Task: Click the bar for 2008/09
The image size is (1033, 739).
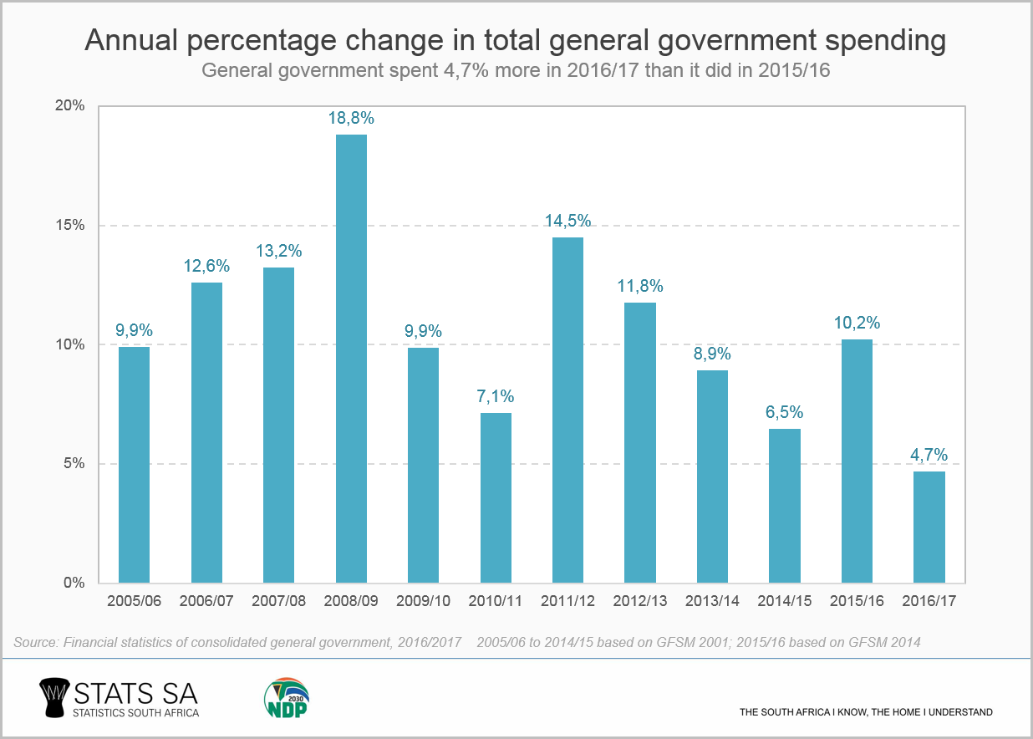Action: tap(351, 359)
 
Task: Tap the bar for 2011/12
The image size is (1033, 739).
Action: tap(567, 410)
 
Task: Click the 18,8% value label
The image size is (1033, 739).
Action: tap(351, 119)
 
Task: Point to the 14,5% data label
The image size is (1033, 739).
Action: tap(567, 222)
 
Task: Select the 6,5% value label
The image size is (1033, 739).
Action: tap(784, 412)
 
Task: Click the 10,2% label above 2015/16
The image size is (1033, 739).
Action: tap(857, 324)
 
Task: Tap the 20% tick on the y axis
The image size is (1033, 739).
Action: tap(70, 106)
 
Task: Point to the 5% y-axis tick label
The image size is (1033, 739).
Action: tap(74, 464)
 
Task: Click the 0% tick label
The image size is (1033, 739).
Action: tap(74, 584)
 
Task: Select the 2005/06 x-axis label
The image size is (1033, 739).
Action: tap(135, 601)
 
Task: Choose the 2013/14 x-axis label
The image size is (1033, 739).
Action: tap(712, 601)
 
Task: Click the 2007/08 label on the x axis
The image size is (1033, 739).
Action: tap(279, 601)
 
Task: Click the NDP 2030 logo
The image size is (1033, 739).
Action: tap(286, 697)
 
